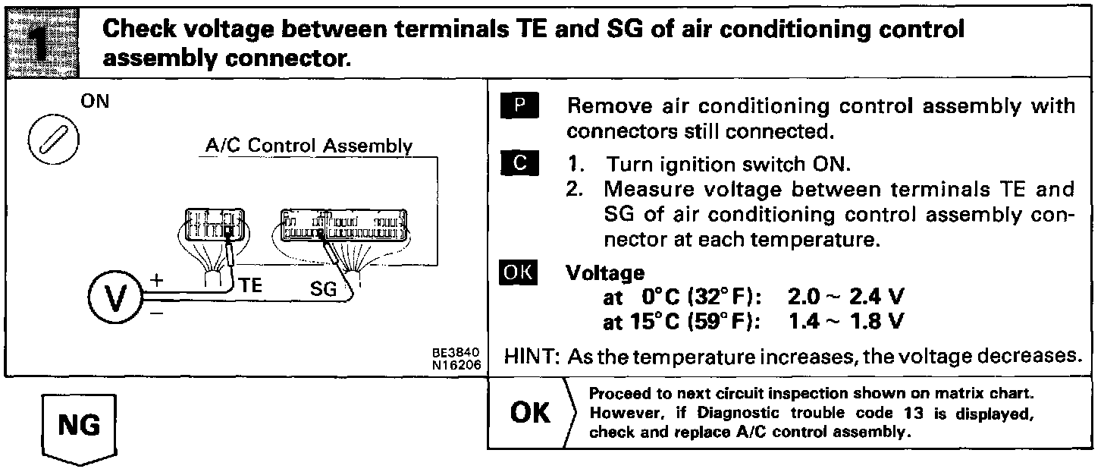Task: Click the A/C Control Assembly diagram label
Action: click(x=309, y=146)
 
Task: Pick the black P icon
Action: click(x=519, y=105)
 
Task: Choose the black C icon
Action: click(x=519, y=164)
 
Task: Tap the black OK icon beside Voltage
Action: click(x=519, y=272)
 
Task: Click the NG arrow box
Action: click(x=79, y=425)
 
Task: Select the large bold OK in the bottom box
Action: click(x=532, y=413)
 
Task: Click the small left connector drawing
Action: click(x=213, y=228)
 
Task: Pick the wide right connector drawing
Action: click(x=343, y=225)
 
